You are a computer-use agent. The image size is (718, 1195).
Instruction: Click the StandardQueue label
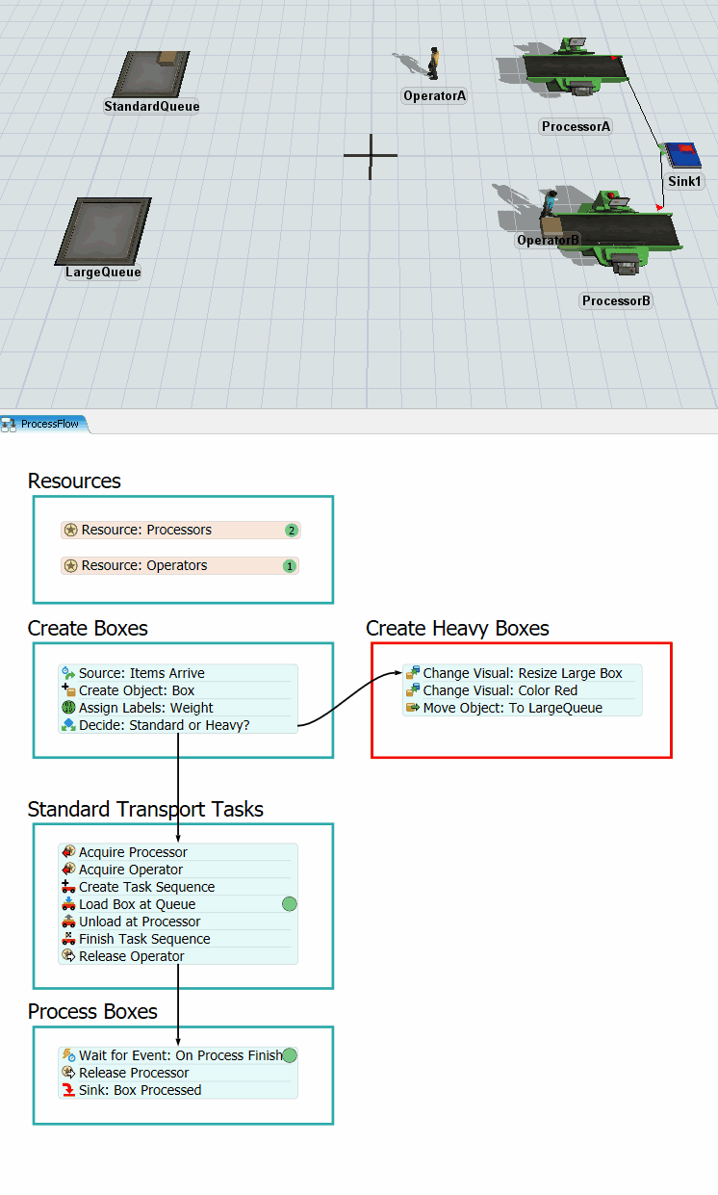click(x=152, y=106)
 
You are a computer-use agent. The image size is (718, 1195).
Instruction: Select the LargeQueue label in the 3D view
click(x=103, y=272)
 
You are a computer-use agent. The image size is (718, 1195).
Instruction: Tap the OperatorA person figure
click(x=434, y=65)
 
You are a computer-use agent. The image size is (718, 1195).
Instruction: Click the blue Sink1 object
click(x=682, y=155)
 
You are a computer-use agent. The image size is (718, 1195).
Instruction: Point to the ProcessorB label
click(x=616, y=300)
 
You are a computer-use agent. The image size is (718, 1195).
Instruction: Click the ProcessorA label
click(x=576, y=126)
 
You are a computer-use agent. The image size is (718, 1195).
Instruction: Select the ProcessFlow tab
click(x=44, y=424)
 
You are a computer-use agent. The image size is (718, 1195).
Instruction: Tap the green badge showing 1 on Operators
click(x=289, y=566)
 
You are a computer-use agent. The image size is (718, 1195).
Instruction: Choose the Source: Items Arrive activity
click(x=141, y=673)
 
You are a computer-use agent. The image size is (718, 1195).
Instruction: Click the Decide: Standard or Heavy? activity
click(x=164, y=725)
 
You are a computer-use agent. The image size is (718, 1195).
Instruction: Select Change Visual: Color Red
click(x=500, y=690)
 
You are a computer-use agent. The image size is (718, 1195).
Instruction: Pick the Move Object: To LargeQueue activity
click(x=512, y=708)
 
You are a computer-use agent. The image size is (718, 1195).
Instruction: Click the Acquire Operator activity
click(x=130, y=870)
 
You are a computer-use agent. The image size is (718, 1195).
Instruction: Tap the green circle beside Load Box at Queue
click(x=289, y=904)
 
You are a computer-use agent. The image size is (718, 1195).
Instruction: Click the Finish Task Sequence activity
click(x=144, y=939)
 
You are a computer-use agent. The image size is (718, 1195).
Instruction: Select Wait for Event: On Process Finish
click(x=180, y=1055)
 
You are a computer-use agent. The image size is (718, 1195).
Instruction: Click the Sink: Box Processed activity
click(x=140, y=1090)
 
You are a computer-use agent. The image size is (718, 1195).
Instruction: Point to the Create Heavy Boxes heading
click(x=457, y=629)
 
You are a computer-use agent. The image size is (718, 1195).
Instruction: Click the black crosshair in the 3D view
click(x=370, y=156)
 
